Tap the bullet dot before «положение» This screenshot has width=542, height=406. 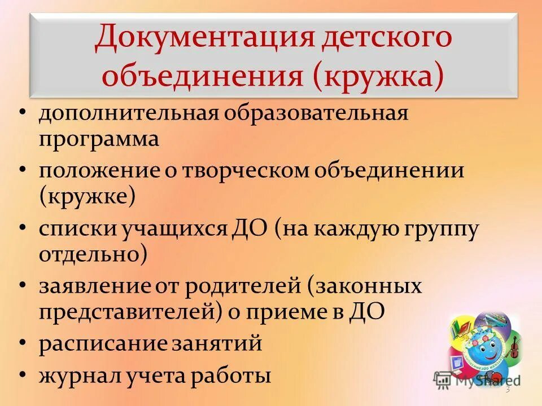pyautogui.click(x=21, y=170)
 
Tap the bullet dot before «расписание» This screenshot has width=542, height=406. pyautogui.click(x=21, y=343)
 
